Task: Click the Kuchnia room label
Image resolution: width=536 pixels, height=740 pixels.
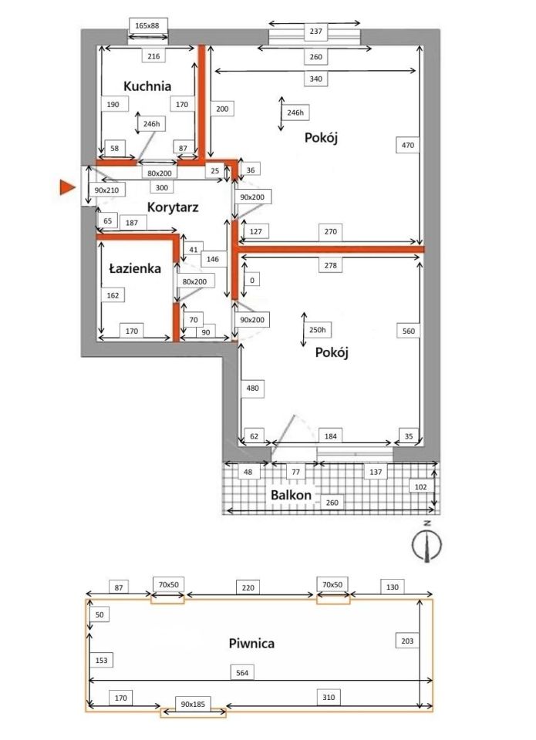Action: (147, 86)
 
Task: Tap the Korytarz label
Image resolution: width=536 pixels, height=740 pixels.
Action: (173, 207)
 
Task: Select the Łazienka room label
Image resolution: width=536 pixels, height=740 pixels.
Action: (135, 268)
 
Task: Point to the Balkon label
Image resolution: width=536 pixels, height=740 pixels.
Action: (291, 495)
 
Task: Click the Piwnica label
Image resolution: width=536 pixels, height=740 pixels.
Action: (251, 643)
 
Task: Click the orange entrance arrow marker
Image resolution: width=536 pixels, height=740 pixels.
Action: (68, 187)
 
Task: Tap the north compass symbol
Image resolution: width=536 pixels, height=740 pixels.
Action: (427, 543)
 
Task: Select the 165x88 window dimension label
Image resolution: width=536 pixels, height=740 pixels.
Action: (147, 26)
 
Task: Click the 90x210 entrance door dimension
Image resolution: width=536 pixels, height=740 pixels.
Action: (106, 190)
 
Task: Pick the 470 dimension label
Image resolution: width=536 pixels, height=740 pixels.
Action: (407, 145)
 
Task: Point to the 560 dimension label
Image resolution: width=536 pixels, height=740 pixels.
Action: (409, 331)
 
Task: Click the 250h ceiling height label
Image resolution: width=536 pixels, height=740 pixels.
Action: (317, 330)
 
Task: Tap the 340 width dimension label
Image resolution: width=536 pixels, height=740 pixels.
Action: (316, 79)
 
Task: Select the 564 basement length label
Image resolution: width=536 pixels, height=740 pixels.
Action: (242, 673)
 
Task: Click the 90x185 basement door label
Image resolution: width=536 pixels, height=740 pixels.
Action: (193, 704)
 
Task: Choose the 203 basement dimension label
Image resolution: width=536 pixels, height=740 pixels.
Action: (407, 641)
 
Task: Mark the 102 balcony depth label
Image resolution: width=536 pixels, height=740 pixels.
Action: (420, 486)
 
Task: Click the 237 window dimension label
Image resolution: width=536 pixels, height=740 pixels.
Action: (316, 31)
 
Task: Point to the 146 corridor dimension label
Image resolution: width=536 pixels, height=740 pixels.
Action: (213, 259)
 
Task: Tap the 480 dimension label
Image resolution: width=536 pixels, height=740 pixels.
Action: (253, 388)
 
